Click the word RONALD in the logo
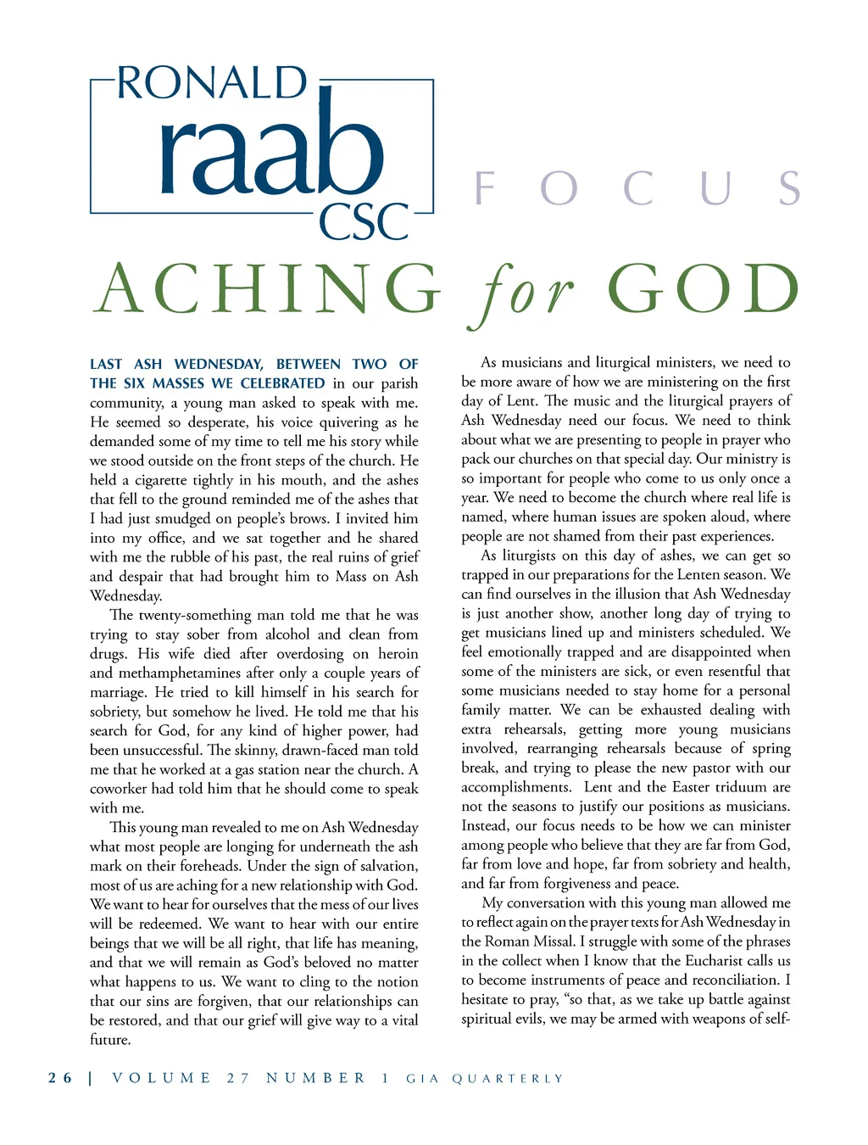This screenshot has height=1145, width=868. pos(211,83)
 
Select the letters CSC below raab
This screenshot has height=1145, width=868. pos(364,222)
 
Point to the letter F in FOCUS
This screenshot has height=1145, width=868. pos(485,188)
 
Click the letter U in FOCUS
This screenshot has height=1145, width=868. pos(716,188)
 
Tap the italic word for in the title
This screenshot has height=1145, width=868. pos(521,293)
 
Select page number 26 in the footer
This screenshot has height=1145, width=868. pos(60,1078)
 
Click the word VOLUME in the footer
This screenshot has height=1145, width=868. pos(162,1078)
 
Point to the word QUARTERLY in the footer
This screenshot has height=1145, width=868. pos(507,1079)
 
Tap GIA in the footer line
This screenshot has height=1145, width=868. pos(422,1079)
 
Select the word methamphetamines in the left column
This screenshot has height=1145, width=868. pos(180,673)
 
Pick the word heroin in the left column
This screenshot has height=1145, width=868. pos(398,653)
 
